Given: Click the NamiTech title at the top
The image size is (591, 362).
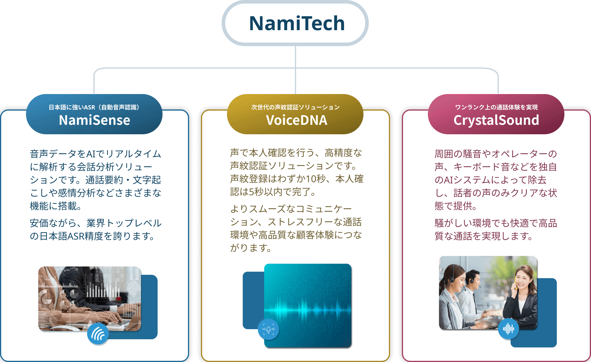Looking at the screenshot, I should [x=297, y=23].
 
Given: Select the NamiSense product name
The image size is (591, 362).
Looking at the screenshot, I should [x=94, y=120].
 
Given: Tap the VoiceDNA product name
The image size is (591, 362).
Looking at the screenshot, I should [x=296, y=120].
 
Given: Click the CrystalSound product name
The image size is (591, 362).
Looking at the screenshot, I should [x=496, y=120].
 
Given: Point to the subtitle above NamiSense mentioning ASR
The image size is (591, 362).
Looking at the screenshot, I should [x=94, y=107].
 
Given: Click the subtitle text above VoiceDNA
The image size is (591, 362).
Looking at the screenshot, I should [x=295, y=107].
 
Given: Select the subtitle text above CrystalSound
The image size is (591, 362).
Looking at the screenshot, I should [x=496, y=107].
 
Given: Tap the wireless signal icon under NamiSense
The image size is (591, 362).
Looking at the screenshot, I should [x=98, y=334].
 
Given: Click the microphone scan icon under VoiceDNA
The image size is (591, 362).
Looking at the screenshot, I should [x=268, y=329].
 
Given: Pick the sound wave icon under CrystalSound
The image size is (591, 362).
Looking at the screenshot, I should [x=508, y=329].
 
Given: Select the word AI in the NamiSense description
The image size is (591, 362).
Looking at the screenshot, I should [x=91, y=154].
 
